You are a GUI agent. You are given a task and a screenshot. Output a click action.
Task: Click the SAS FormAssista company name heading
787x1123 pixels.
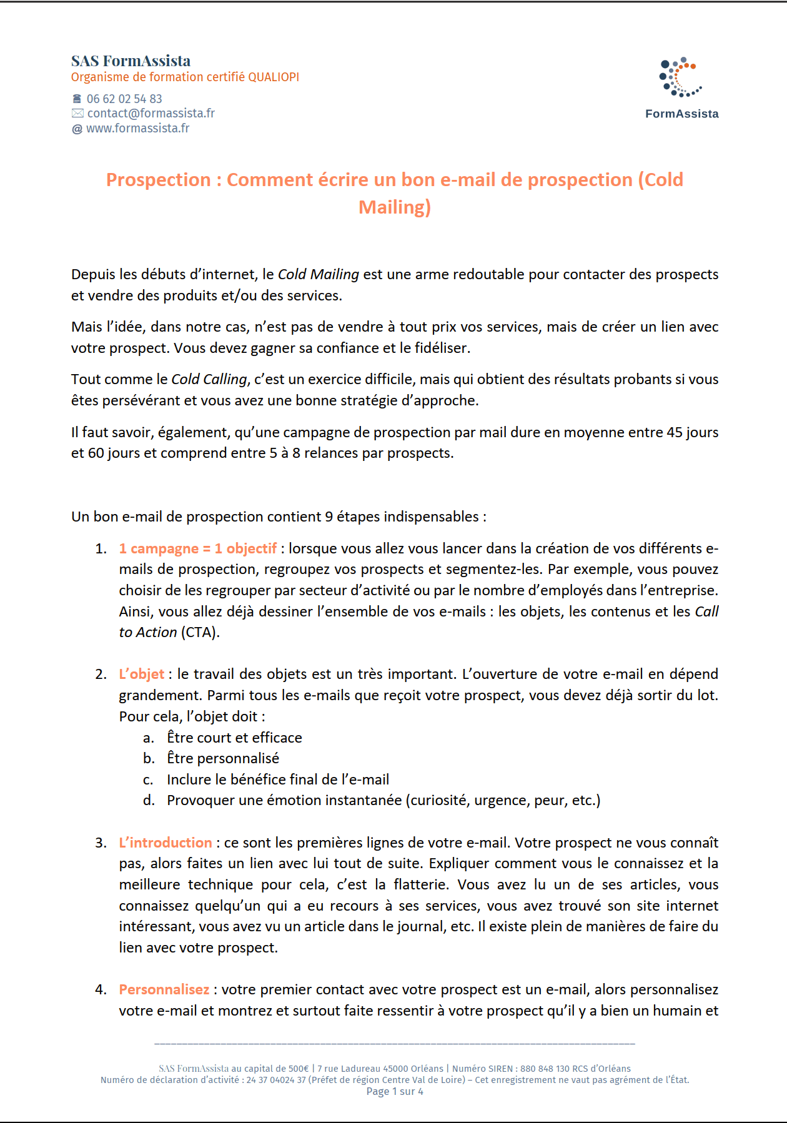click(131, 61)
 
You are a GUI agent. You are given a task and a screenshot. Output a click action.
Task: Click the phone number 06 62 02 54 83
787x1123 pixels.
click(124, 99)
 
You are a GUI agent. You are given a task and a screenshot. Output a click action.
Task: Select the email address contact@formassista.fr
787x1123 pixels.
click(151, 113)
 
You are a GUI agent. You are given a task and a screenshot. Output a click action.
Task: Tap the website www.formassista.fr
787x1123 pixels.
click(137, 128)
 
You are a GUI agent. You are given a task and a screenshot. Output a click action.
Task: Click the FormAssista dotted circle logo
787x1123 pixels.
click(680, 77)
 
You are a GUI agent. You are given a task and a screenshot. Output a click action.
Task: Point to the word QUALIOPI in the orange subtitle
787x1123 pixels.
click(274, 77)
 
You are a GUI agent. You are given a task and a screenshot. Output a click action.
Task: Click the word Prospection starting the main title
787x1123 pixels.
click(158, 180)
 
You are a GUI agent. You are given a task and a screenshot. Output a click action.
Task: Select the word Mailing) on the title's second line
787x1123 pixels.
click(394, 207)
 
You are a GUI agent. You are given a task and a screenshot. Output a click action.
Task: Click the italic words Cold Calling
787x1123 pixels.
click(209, 380)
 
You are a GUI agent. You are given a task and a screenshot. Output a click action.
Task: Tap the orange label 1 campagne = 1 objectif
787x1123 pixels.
click(197, 548)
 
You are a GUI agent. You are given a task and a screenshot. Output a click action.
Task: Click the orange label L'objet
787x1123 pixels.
click(142, 675)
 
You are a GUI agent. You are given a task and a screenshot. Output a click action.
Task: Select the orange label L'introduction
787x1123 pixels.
click(166, 843)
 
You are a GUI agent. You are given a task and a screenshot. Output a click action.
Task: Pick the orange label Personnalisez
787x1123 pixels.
click(164, 989)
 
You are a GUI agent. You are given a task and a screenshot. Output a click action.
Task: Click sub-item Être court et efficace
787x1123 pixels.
click(234, 738)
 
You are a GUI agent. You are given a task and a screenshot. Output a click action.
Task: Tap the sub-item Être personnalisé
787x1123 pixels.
click(223, 758)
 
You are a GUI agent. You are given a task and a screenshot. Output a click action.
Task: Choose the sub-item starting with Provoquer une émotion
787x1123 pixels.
click(383, 800)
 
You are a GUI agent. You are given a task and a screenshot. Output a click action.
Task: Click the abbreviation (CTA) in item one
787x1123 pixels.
click(200, 633)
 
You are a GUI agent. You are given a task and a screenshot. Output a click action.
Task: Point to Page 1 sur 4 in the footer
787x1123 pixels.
click(394, 1091)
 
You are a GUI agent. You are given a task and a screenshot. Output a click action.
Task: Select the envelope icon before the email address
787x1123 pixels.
click(77, 113)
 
